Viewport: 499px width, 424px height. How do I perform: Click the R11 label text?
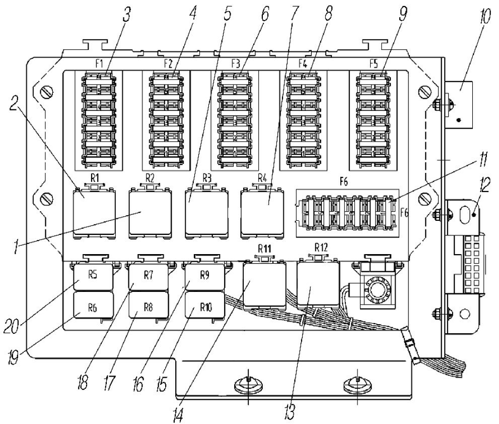(x=264, y=249)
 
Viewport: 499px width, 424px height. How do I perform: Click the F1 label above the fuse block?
(x=99, y=64)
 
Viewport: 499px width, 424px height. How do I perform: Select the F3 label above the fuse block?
(x=235, y=64)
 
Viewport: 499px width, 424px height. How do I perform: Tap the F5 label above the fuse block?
(x=374, y=64)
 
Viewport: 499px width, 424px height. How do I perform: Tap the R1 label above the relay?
(x=95, y=177)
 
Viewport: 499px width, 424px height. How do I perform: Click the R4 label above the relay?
(x=262, y=177)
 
